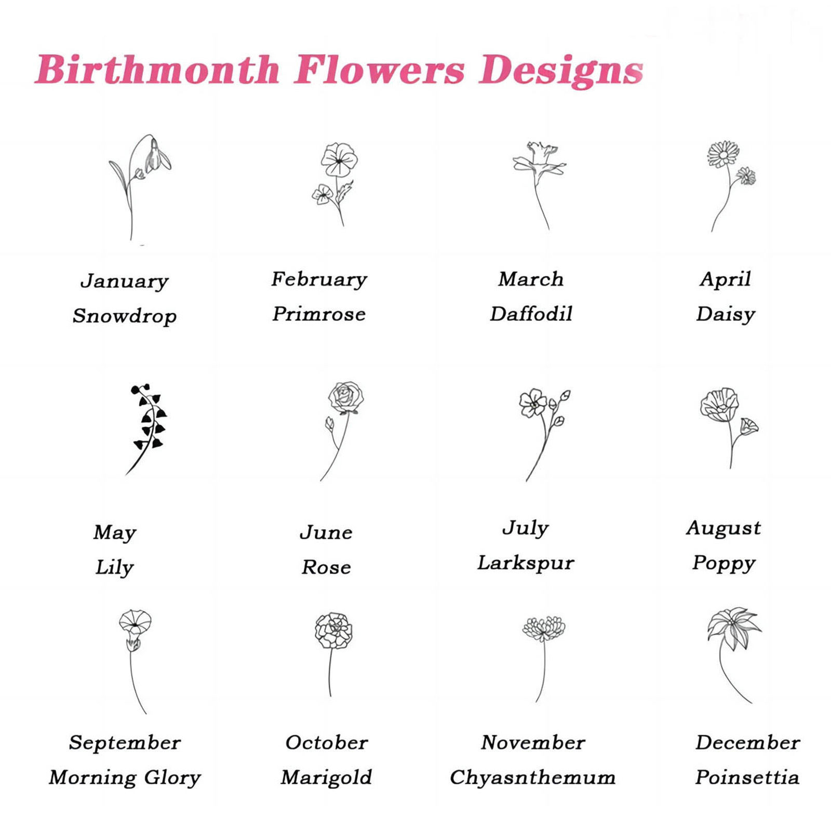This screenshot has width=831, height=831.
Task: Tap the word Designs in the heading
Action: point(561,70)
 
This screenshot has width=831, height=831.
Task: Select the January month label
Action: point(124,281)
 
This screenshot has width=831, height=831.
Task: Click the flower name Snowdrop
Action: point(124,316)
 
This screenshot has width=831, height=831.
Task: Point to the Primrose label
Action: point(319,314)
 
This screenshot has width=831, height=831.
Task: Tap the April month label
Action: point(725,279)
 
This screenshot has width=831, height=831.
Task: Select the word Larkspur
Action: point(526,563)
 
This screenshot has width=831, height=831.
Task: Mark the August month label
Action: point(723,528)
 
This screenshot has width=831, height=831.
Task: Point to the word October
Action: point(326,743)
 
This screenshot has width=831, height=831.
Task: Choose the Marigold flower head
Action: point(333,630)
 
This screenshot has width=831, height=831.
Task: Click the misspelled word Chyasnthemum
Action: point(532,778)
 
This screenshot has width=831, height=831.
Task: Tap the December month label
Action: point(747,743)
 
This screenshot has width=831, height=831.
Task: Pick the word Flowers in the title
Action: point(379,70)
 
